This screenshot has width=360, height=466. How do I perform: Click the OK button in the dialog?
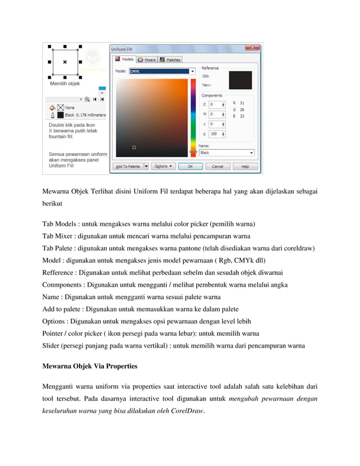coord(190,166)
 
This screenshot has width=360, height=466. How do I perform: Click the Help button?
coord(245,166)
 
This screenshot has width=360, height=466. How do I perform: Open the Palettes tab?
coord(170,59)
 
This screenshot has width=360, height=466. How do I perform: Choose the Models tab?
coord(125,59)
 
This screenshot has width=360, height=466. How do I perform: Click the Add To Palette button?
coord(128,166)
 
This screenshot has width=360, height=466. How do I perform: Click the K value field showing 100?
coord(215,134)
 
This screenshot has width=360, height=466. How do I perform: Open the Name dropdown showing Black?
coord(226,152)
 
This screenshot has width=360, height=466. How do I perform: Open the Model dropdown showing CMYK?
coord(163,72)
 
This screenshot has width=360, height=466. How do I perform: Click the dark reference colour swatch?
coord(236,80)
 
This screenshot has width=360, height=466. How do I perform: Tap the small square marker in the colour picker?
coord(134,147)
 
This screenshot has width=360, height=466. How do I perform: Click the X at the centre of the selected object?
coord(64,61)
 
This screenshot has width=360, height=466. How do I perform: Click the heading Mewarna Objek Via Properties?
coord(90,366)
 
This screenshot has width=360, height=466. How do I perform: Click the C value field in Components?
coord(215,104)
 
